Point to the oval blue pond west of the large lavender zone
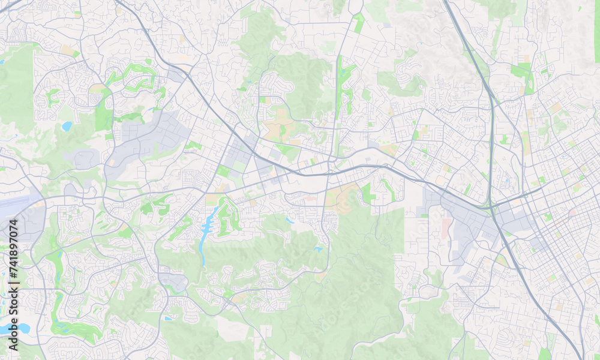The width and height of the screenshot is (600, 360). point(67,126)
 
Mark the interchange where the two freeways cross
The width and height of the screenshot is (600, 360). point(493,207)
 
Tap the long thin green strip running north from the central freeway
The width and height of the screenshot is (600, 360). point(339,102)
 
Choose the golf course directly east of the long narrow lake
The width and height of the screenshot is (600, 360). point(228,216)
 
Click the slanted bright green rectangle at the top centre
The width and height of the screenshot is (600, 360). point(359,23)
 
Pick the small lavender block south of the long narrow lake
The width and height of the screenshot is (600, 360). point(173,281)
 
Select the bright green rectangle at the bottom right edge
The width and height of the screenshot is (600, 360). point(545,354)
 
